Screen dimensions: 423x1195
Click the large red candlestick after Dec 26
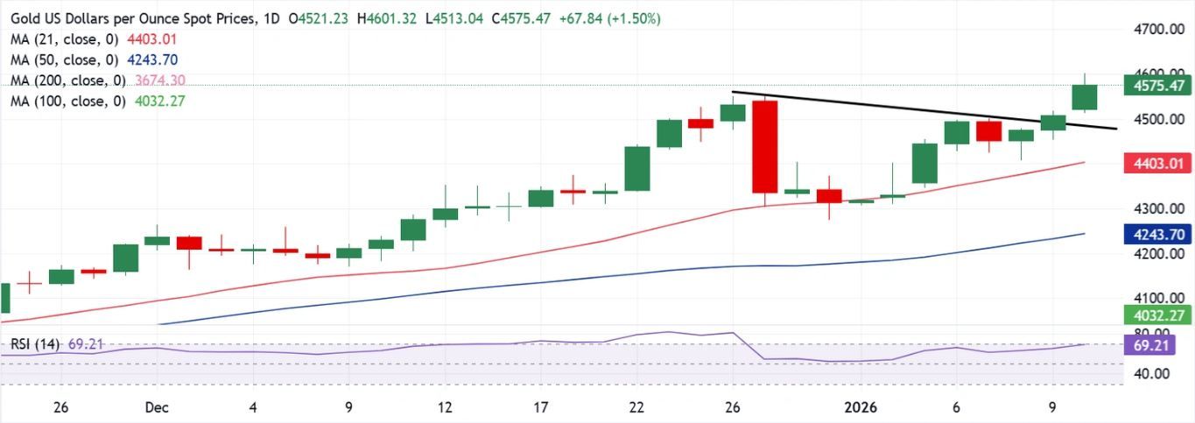point(765,146)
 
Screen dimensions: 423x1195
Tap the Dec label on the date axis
point(157,407)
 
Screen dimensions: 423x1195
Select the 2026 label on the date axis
point(861,407)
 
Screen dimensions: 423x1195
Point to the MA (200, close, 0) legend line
point(66,81)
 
